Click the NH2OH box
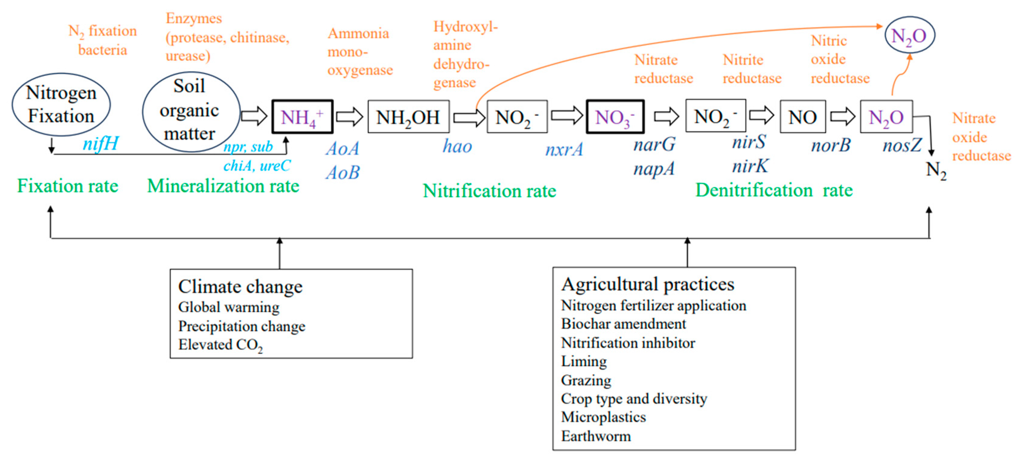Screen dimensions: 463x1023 408,117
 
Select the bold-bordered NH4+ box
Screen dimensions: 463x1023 302,117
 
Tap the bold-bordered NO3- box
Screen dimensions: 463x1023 615,117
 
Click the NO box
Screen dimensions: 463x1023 803,117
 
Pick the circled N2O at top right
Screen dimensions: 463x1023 910,35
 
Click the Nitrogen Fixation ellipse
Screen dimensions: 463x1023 61,104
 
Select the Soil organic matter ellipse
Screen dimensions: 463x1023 191,111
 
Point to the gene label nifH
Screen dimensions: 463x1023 100,143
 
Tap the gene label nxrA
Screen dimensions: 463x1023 564,149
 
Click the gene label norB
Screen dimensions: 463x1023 831,145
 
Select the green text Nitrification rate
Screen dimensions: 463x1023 489,191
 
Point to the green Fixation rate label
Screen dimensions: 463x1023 68,186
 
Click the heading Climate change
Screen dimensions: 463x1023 240,286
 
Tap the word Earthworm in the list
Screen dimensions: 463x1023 596,436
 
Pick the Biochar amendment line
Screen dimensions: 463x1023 623,324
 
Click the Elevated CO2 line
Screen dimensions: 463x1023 220,345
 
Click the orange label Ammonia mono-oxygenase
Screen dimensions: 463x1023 359,52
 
